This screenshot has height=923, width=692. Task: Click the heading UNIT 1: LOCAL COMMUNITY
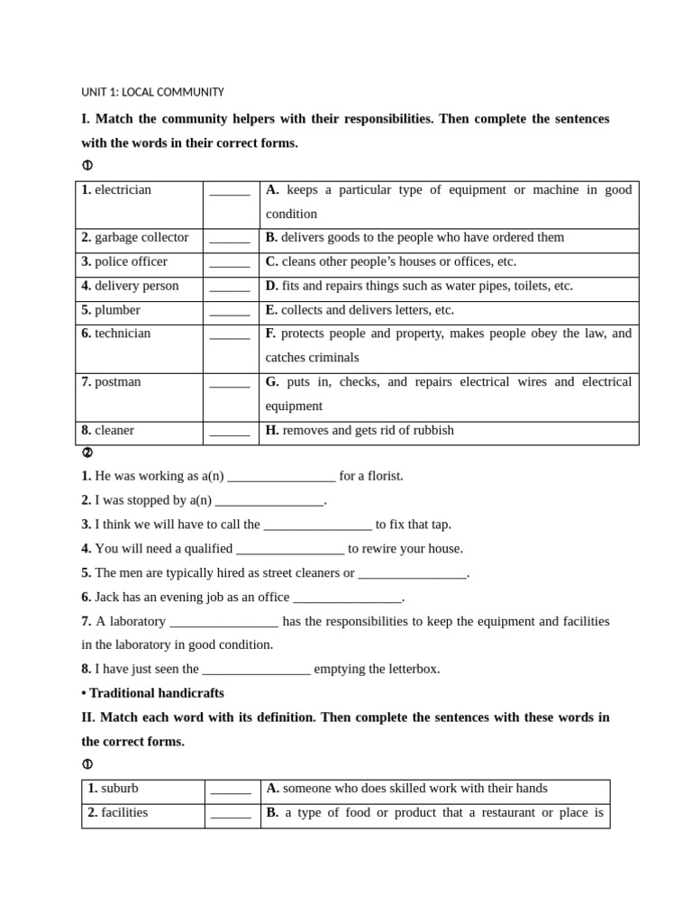(x=152, y=92)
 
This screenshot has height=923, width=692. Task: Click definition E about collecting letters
(x=360, y=310)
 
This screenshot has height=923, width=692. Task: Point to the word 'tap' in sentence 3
(x=439, y=525)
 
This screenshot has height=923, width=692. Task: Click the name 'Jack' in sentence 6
(x=108, y=597)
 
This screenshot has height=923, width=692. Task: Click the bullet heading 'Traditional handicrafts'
(x=156, y=693)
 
